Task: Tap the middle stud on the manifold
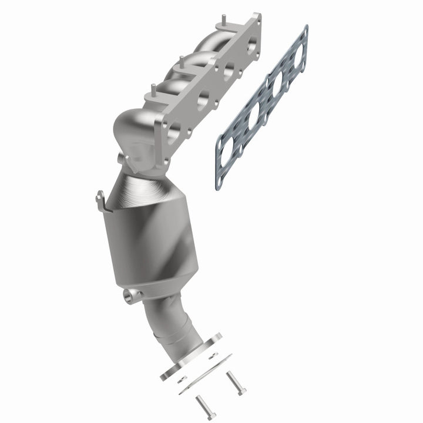pyautogui.click(x=182, y=61)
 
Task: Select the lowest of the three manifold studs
pyautogui.click(x=153, y=90)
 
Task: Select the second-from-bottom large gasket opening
pyautogui.click(x=255, y=116)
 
